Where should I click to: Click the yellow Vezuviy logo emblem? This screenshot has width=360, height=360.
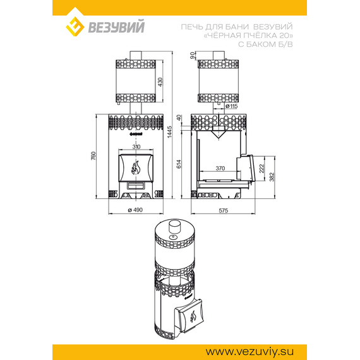click(75, 27)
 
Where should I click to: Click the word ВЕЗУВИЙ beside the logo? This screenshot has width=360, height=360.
click(116, 27)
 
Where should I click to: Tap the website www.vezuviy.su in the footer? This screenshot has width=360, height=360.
click(249, 352)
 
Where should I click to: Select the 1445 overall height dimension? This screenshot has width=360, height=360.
click(169, 132)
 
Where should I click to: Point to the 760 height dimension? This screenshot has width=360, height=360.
click(93, 156)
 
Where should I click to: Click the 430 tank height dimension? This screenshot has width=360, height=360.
click(160, 82)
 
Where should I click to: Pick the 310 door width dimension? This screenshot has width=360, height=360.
click(136, 147)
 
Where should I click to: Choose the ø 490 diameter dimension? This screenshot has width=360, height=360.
click(135, 210)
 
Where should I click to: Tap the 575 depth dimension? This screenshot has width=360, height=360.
click(224, 210)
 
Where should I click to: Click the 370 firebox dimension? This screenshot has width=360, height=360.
click(220, 168)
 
